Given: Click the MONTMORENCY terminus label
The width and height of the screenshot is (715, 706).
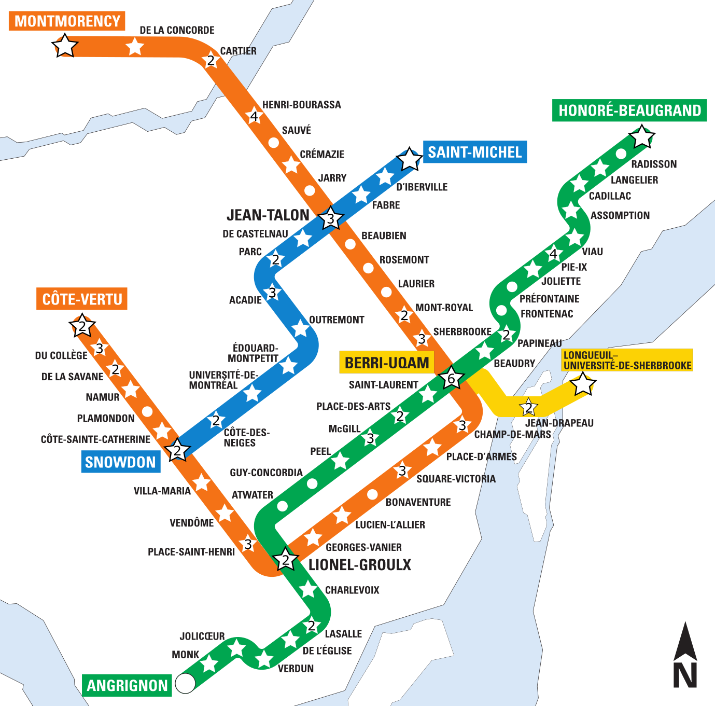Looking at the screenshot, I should click(67, 21).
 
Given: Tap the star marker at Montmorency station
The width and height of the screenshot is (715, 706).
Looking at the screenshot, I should click(65, 46).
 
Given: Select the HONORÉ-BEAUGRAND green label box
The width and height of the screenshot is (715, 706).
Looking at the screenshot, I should click(629, 110).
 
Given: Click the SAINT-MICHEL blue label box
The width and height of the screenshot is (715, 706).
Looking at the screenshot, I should click(474, 152).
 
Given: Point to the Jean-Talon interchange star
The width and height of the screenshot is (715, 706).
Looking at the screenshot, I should click(330, 219).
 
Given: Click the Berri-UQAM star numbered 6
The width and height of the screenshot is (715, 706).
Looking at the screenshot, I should click(451, 379).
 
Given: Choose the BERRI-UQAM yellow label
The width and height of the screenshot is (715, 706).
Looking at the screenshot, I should click(387, 363).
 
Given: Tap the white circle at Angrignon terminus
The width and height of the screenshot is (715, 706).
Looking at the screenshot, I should click(185, 683).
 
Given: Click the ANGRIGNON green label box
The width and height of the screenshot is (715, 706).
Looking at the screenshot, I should click(127, 686).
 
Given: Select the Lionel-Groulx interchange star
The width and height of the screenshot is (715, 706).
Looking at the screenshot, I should click(285, 560).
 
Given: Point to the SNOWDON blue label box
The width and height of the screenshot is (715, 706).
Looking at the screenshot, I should click(120, 462).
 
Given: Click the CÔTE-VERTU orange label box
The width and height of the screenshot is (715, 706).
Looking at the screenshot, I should click(82, 299).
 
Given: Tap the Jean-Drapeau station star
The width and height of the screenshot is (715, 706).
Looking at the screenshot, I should click(528, 408).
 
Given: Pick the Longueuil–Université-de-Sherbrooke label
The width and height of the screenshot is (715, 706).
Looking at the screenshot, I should click(627, 361).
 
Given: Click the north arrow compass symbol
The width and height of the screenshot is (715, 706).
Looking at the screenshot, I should click(685, 656).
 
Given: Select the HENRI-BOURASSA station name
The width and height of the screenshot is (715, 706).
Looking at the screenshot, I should click(301, 105).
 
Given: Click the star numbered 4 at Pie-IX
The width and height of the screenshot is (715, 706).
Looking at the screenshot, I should click(553, 254).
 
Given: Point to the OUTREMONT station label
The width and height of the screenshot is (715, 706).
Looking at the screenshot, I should click(337, 320).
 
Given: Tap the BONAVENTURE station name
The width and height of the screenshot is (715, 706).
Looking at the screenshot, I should click(418, 502).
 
